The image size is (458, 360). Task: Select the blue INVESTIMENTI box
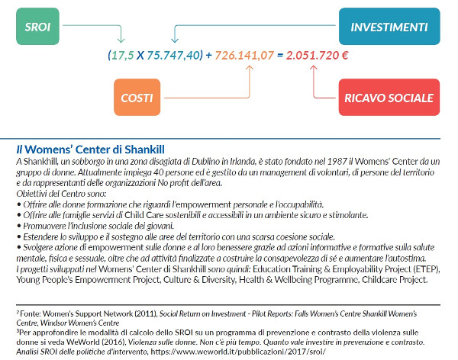click(x=389, y=26)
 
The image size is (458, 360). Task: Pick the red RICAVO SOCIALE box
click(x=389, y=98)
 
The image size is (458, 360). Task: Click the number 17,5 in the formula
click(x=121, y=56)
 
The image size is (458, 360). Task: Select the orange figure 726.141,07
click(x=244, y=56)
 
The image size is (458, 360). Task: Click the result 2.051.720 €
click(x=318, y=56)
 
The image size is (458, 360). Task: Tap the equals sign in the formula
click(x=280, y=56)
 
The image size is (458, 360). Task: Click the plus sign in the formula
click(x=210, y=56)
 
